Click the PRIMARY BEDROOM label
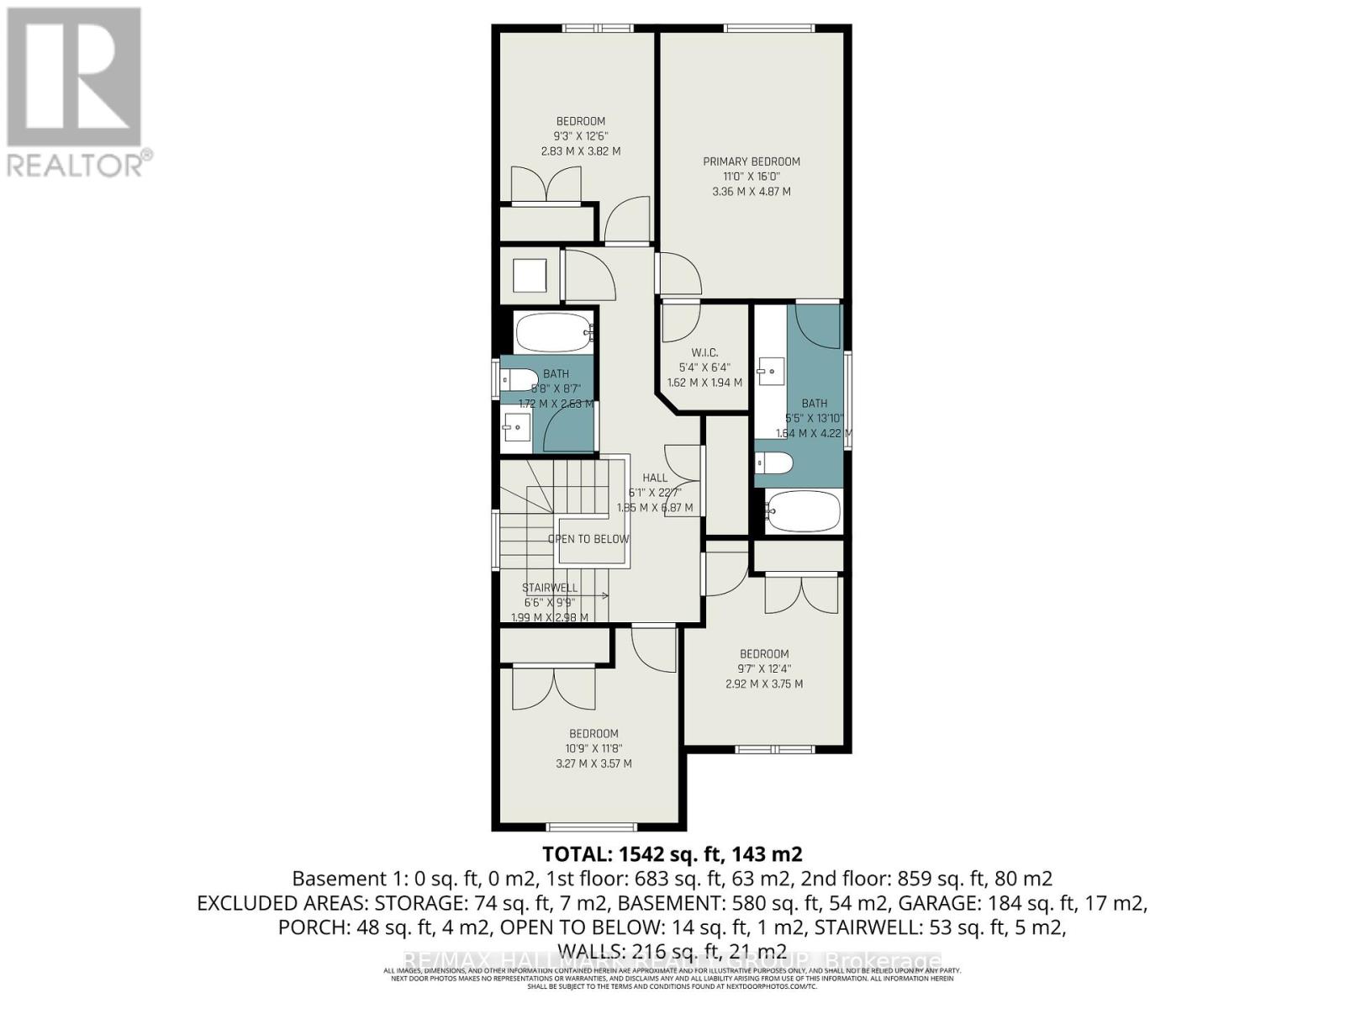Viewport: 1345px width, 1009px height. (x=752, y=161)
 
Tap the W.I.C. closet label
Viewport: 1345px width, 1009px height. (x=704, y=352)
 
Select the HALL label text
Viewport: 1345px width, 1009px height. (x=654, y=478)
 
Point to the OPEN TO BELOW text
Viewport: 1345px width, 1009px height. (x=588, y=539)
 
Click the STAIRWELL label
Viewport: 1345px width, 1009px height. (x=550, y=588)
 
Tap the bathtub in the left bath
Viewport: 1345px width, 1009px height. (x=553, y=333)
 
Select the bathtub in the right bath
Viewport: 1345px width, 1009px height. (x=804, y=511)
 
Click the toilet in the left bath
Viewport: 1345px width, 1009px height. (x=518, y=380)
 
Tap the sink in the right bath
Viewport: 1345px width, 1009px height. (x=771, y=369)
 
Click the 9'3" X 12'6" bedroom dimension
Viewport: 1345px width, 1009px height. (x=580, y=136)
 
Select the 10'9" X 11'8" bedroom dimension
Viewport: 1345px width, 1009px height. (x=593, y=748)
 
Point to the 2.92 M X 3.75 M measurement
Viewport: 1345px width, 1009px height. (x=764, y=684)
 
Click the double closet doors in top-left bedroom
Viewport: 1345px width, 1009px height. (x=546, y=185)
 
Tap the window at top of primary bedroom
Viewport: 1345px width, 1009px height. (x=769, y=29)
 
